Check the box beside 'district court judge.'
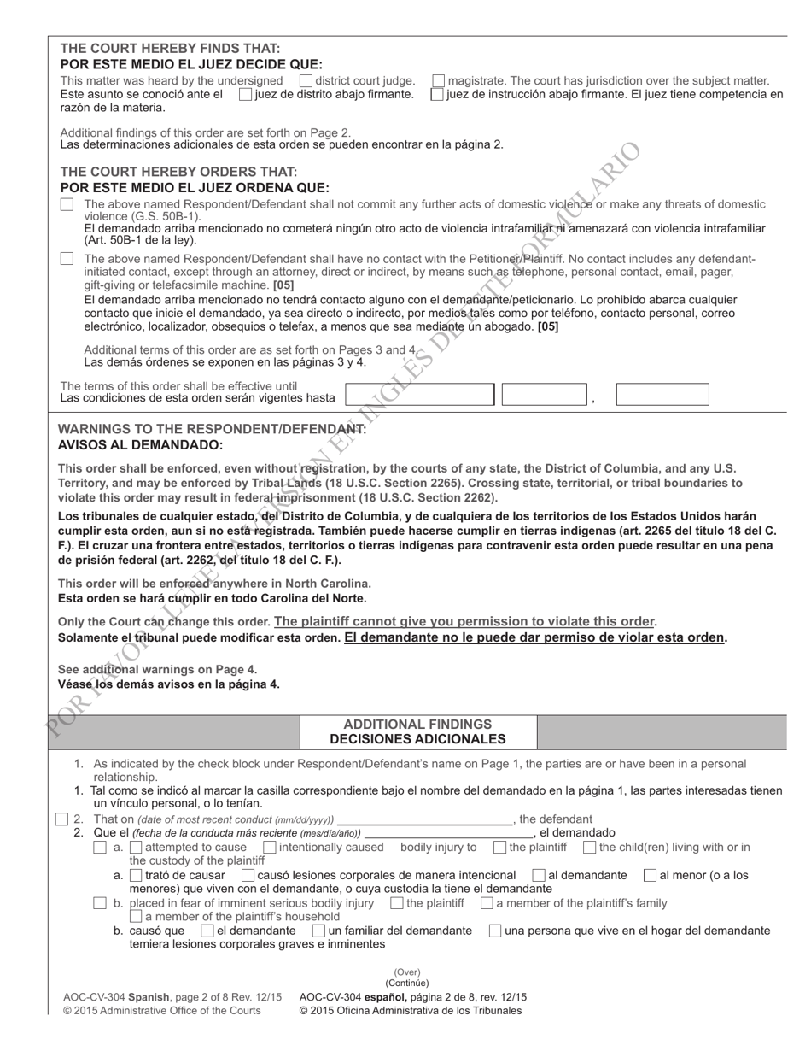(x=306, y=80)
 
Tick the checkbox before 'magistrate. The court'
(x=438, y=80)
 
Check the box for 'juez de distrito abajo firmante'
(x=246, y=94)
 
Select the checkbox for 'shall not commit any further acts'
(x=67, y=205)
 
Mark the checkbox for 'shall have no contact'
(x=67, y=259)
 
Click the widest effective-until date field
(x=419, y=394)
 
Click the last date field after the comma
(x=662, y=394)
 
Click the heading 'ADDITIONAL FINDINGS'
(x=417, y=725)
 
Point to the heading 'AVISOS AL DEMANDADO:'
(x=140, y=445)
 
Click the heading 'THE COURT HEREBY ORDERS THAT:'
(x=178, y=172)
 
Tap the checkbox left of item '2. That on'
(x=61, y=819)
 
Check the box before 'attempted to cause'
(x=100, y=848)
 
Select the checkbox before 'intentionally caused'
(x=270, y=848)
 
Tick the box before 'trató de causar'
(x=136, y=875)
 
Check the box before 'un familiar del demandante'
(x=318, y=931)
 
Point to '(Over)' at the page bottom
(x=407, y=972)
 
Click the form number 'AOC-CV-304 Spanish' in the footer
(x=115, y=997)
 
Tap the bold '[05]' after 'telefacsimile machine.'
(x=283, y=285)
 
